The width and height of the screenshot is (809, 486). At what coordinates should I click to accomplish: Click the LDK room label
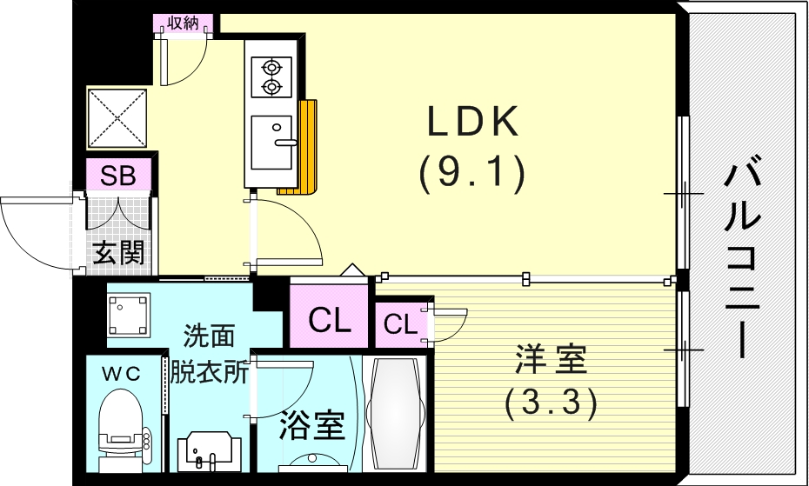472,123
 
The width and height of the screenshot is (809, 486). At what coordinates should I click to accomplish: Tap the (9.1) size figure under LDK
472,175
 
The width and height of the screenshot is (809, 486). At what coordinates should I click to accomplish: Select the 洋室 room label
551,357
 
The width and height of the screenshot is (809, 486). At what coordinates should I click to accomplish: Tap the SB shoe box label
118,176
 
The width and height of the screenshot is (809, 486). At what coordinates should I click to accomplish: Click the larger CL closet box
330,321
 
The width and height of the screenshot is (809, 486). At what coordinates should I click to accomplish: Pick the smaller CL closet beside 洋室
400,325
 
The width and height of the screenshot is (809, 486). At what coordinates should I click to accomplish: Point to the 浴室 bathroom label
312,426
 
